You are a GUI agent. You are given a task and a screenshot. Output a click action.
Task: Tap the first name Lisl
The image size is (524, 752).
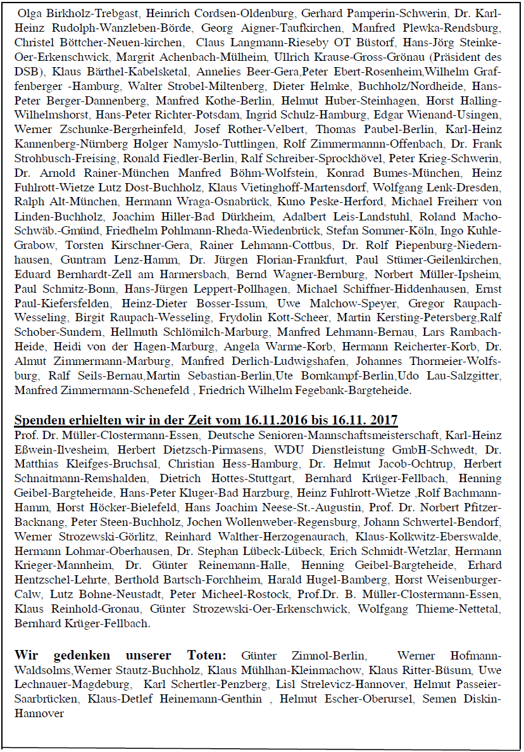287,684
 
